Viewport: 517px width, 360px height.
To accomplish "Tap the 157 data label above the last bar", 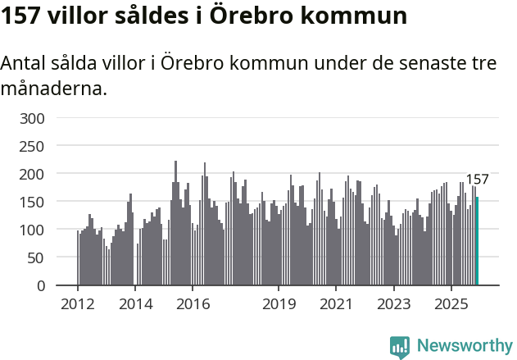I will (477, 180).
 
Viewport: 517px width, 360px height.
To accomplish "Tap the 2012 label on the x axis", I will (78, 303).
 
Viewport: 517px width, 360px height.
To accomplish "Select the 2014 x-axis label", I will (135, 303).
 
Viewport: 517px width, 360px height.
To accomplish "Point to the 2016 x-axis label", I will (193, 303).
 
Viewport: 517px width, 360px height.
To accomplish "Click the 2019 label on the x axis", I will (279, 303).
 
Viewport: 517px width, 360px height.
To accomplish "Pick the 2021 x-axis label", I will (336, 303).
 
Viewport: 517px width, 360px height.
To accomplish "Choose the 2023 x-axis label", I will (393, 303).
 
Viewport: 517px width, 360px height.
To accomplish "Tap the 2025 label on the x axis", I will (451, 303).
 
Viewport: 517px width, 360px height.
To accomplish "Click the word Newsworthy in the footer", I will (464, 345).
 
